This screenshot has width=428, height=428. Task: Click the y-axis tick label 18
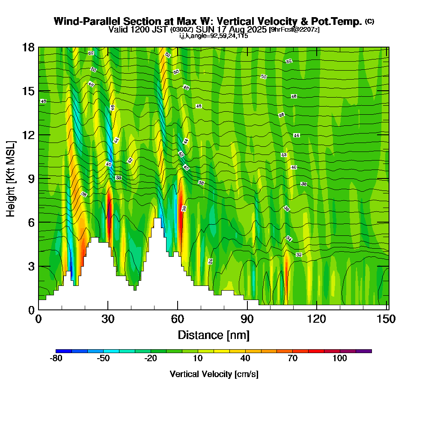tap(29, 47)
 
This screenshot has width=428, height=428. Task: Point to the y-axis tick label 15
tap(29, 91)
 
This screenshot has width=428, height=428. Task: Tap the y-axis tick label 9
tap(31, 178)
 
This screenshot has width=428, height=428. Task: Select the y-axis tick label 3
tap(31, 266)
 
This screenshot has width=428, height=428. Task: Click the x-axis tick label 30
tap(108, 319)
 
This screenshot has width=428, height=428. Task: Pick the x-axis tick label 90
tap(247, 319)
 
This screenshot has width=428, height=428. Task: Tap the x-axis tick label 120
tap(316, 319)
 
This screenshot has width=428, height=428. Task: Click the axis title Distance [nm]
tap(214, 335)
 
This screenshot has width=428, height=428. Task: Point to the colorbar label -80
tap(56, 359)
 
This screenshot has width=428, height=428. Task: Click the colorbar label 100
tap(340, 359)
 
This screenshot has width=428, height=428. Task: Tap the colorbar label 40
tap(245, 359)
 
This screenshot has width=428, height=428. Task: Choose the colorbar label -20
tap(151, 359)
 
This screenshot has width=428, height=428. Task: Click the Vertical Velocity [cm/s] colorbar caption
tap(214, 374)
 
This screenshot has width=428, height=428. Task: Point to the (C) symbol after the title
tap(369, 21)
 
